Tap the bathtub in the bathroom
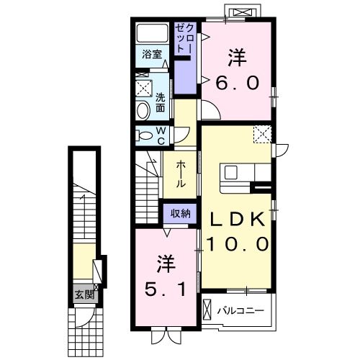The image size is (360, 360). point(152,33)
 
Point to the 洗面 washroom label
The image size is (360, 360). point(161,102)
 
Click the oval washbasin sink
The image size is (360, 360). point(143,110)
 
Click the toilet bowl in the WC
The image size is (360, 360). point(143,135)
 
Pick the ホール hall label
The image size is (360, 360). point(180,174)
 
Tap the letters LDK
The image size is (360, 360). point(238,220)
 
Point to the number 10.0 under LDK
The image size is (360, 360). point(238,243)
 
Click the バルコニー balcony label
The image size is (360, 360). point(240,312)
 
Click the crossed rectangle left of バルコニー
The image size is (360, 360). point(208,311)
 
